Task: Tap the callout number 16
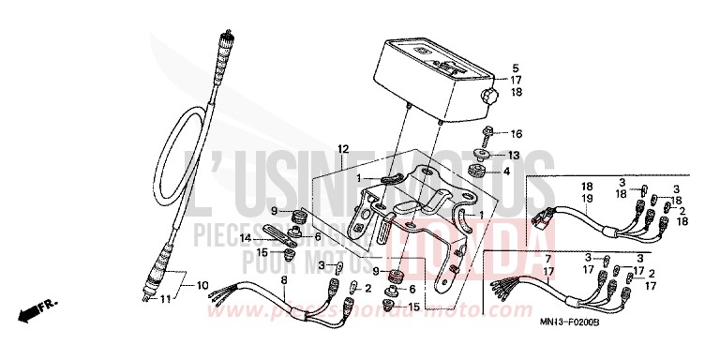pos(515,134)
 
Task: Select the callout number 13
pos(514,155)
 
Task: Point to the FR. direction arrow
pos(36,306)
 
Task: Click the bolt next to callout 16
pos(488,133)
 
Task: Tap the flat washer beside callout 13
pos(486,155)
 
